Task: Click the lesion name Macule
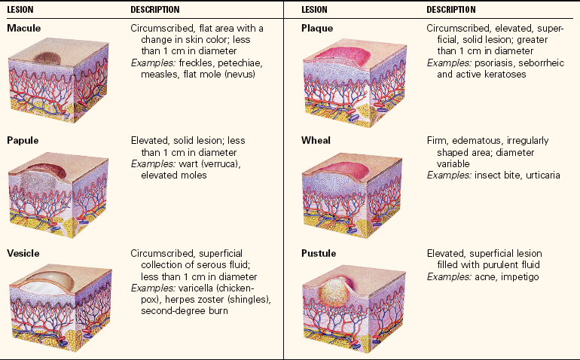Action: coord(23,29)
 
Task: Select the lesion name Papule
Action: coord(23,141)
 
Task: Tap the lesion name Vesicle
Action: coord(23,253)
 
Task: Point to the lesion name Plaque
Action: coord(317,29)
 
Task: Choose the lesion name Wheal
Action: coord(316,141)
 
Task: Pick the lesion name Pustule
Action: coord(319,253)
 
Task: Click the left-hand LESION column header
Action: coord(22,10)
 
